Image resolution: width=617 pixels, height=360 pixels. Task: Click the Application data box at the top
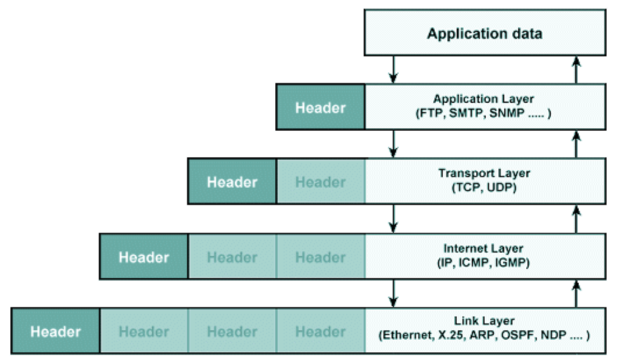[x=484, y=34]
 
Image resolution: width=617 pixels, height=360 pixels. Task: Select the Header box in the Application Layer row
[x=320, y=107]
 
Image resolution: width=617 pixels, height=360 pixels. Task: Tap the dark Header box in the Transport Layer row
[x=232, y=182]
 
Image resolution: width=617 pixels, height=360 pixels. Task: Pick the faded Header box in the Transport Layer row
[x=320, y=182]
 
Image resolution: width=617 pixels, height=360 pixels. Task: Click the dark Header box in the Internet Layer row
[x=144, y=257]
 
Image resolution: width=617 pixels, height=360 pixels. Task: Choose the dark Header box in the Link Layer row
[x=55, y=332]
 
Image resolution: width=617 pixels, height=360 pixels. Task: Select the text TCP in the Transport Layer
[x=465, y=188]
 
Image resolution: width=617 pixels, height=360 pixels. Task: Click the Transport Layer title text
[x=484, y=174]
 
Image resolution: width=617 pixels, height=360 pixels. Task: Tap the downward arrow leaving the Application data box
[x=394, y=69]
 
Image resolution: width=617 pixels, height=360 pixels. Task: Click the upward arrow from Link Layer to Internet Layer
[x=576, y=293]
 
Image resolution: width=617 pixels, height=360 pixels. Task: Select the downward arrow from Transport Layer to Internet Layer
[x=394, y=218]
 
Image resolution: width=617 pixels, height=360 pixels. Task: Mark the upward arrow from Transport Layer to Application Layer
[x=576, y=143]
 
